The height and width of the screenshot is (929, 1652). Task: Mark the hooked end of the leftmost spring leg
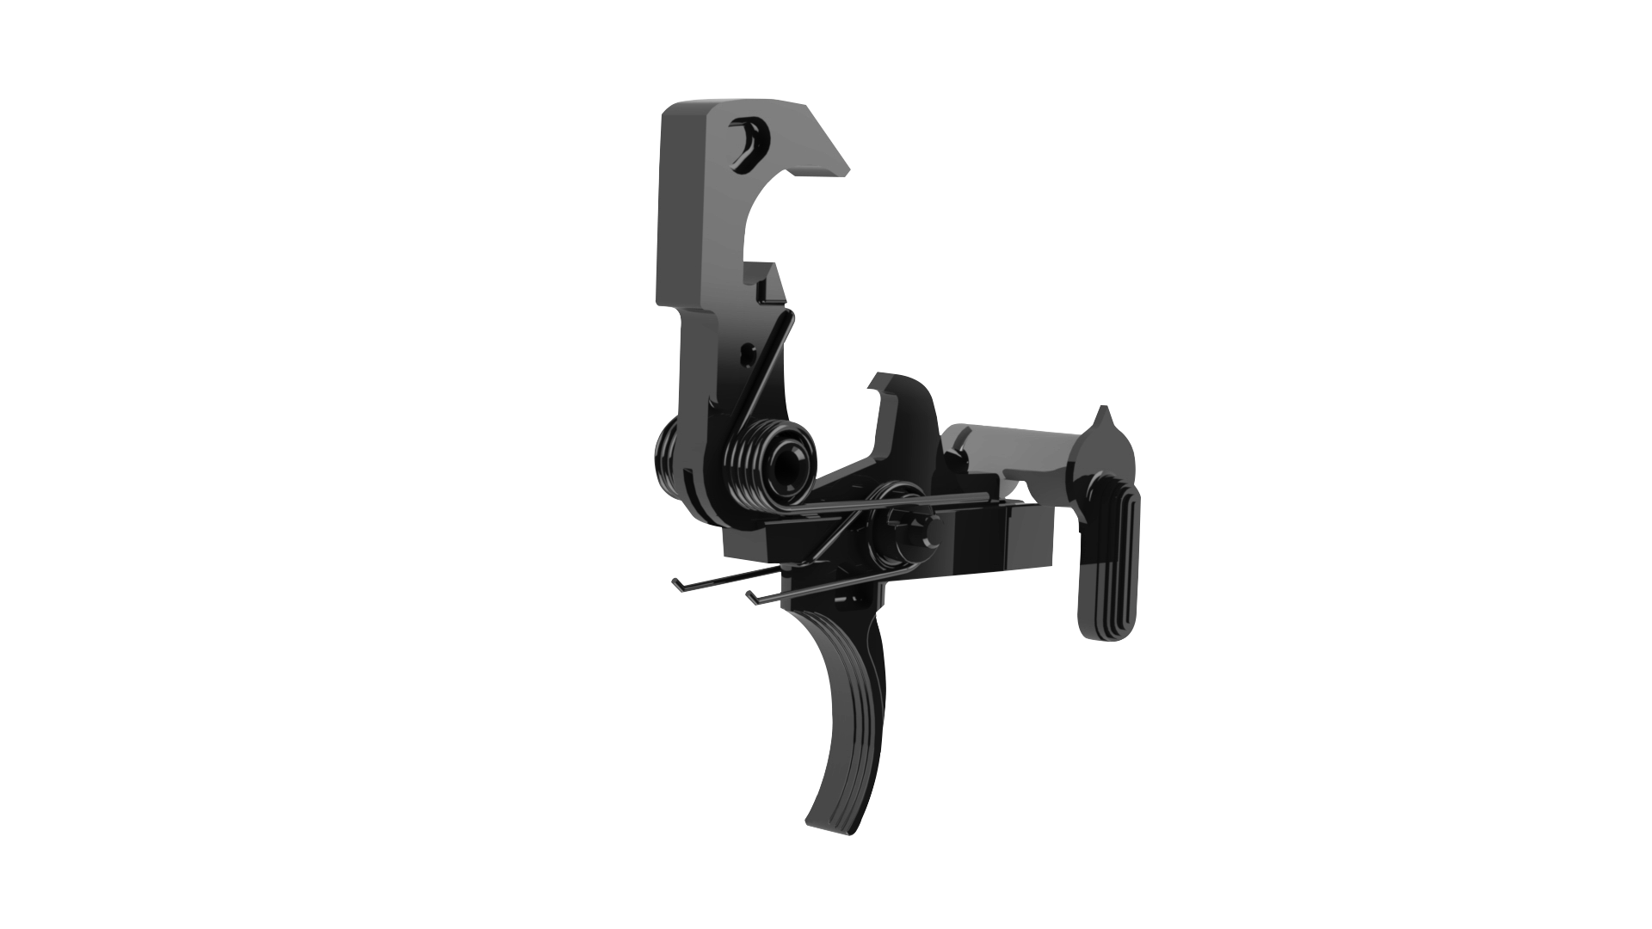(676, 585)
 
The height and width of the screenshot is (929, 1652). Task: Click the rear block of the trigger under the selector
(1024, 542)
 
